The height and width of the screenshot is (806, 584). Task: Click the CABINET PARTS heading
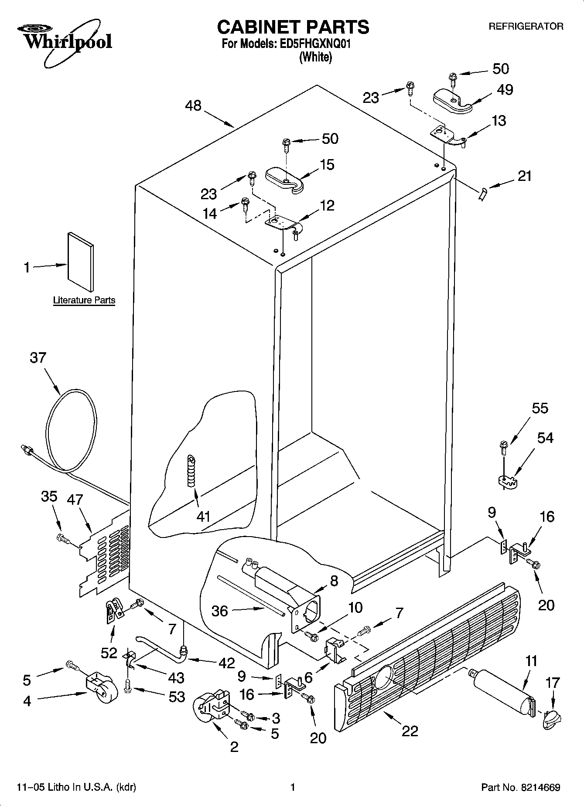pos(293,27)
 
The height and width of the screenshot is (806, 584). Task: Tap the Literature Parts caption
pos(84,300)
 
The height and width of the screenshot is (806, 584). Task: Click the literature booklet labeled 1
pos(81,262)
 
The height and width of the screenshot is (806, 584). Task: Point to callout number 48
pos(193,105)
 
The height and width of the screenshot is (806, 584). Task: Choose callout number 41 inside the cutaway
pos(203,517)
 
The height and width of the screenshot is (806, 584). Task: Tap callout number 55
pos(540,408)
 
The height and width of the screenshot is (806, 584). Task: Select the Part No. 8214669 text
pos(520,787)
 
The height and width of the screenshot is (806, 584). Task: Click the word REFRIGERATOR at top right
pos(526,27)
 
